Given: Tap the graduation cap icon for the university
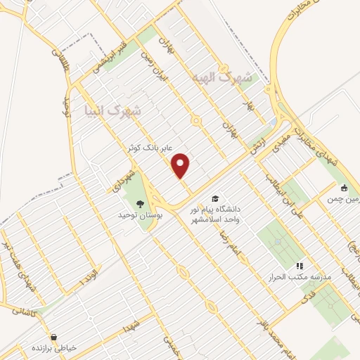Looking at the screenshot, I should tap(214, 199).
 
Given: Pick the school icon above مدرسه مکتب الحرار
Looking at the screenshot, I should tap(300, 266).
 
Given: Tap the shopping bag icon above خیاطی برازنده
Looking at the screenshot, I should tap(54, 337).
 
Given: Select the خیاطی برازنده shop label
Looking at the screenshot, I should tap(54, 347).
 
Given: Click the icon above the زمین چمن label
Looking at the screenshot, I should tap(344, 188).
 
